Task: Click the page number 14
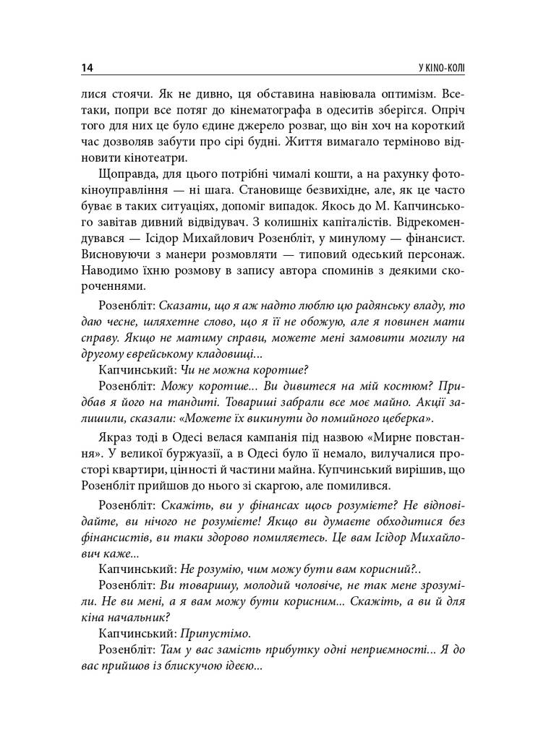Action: point(87,69)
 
